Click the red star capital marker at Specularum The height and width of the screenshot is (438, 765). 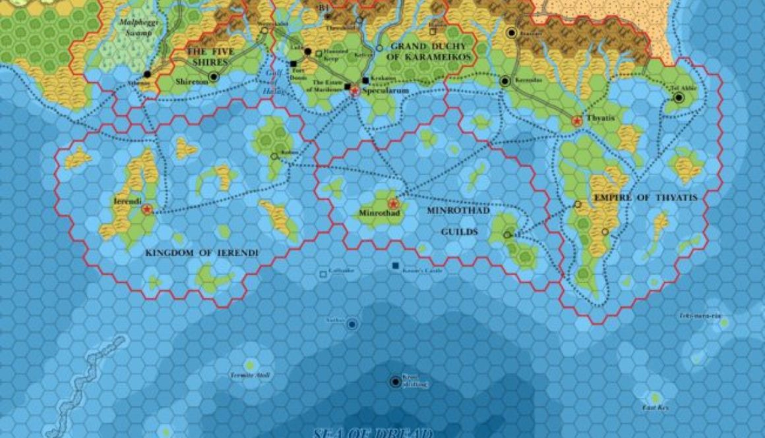tap(354, 92)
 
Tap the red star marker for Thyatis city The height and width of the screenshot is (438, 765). tap(577, 121)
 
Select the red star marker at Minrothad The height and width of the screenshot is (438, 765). tap(394, 204)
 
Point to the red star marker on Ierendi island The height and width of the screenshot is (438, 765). tap(146, 209)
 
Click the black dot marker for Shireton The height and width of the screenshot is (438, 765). tap(213, 77)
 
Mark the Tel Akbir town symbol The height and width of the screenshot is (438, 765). tap(678, 98)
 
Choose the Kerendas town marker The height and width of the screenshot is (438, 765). tap(505, 81)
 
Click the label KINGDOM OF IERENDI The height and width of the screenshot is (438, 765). tap(202, 253)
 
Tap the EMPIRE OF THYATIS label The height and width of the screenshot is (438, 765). tap(645, 198)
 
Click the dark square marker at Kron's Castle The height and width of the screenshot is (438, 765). tap(394, 265)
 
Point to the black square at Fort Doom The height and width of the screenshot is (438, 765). tap(293, 64)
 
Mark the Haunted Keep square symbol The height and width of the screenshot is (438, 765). tap(319, 53)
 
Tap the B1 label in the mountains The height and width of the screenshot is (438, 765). tap(323, 7)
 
